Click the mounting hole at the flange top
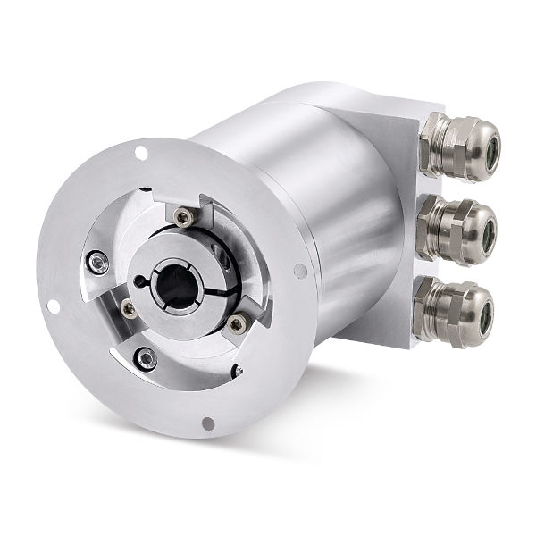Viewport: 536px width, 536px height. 141,155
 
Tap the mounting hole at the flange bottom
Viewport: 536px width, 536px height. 207,423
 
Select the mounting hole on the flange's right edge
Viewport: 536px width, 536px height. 300,271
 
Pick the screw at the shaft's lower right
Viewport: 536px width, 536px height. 237,324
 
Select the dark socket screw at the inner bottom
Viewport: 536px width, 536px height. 146,359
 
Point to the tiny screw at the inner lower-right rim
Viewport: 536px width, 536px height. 237,369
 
